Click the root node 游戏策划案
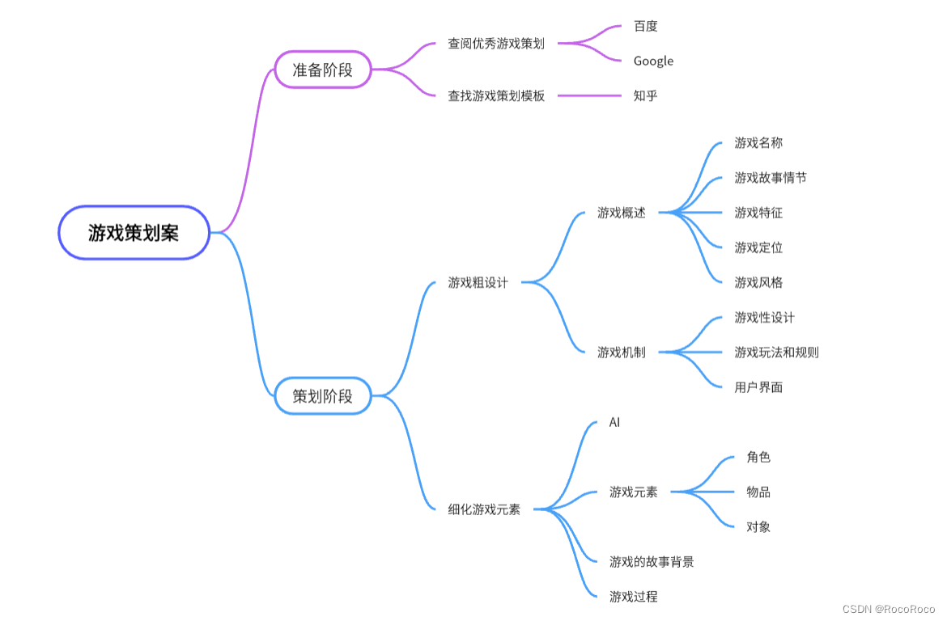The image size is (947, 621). [134, 233]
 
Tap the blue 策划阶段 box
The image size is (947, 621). [323, 396]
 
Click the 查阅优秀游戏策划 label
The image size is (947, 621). [496, 44]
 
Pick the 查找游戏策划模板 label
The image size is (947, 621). [496, 95]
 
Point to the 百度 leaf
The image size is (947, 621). [646, 26]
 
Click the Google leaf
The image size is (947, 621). [653, 61]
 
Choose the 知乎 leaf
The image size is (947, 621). [646, 95]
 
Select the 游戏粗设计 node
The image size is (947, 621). [478, 282]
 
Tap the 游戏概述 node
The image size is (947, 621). [622, 213]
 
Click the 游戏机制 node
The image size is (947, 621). [622, 352]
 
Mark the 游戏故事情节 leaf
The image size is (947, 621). [771, 177]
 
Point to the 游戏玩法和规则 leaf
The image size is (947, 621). [776, 352]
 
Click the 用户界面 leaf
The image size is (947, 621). [758, 387]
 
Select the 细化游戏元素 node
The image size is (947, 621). [484, 509]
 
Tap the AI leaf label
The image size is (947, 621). [614, 422]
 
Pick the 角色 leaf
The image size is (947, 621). [758, 457]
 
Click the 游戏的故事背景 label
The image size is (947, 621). [652, 561]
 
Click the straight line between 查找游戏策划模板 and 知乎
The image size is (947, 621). [589, 95]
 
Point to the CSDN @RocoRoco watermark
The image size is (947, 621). [889, 609]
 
